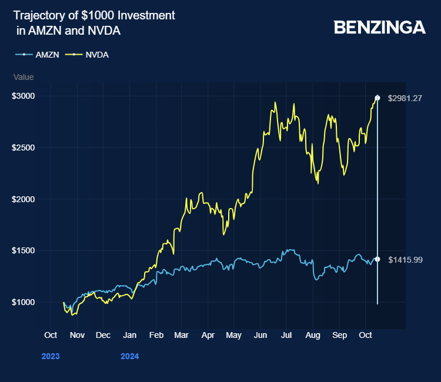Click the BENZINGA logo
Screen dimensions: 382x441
(379, 27)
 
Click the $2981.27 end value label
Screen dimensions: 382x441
(405, 98)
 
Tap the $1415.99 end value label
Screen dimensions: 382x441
(405, 259)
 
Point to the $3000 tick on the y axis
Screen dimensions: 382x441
(24, 96)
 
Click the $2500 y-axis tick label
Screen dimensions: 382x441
(24, 148)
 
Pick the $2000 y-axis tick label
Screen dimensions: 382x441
(24, 199)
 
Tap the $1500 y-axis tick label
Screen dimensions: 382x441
(24, 250)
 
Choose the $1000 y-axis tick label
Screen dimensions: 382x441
(24, 302)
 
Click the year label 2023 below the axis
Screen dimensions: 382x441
(51, 356)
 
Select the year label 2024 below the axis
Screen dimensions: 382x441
(129, 356)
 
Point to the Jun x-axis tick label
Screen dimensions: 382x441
(260, 335)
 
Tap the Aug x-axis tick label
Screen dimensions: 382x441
(313, 335)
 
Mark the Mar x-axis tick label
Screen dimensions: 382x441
(181, 335)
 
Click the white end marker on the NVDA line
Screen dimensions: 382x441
(377, 98)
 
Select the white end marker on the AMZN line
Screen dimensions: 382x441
(377, 259)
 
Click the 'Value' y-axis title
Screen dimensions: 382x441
(24, 77)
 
